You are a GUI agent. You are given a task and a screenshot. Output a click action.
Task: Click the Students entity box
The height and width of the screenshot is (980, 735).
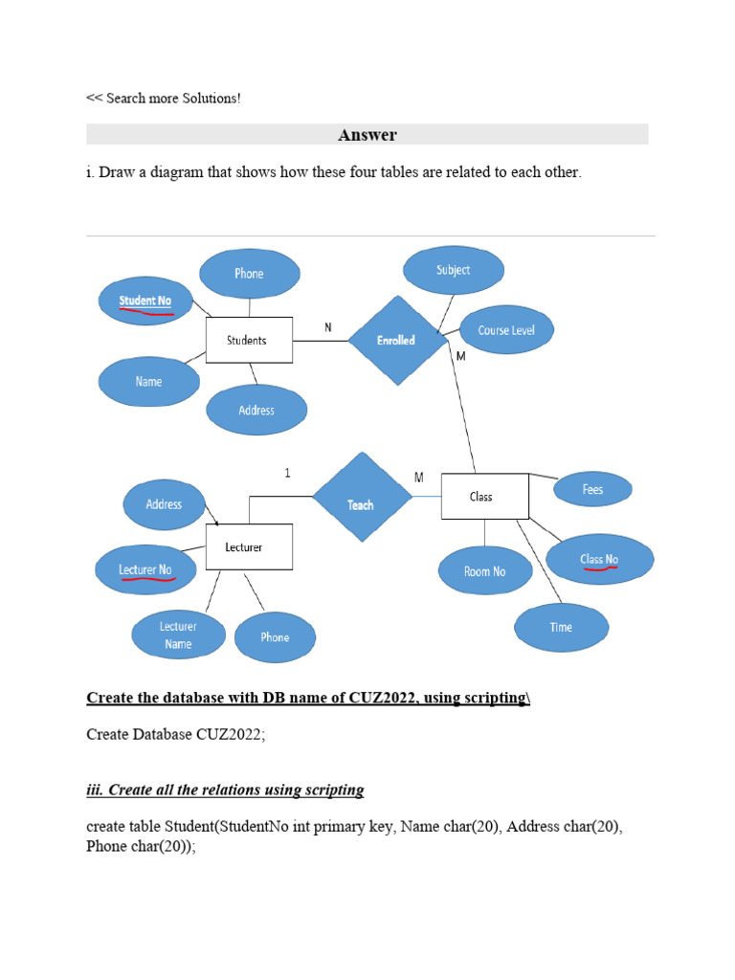tap(249, 340)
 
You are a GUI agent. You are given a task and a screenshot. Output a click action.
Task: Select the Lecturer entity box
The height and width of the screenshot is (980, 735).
tap(249, 547)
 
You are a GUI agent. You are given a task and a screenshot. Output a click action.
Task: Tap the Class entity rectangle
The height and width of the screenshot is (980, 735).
tap(484, 496)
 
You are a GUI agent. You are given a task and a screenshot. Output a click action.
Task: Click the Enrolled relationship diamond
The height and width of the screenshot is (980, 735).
tap(395, 340)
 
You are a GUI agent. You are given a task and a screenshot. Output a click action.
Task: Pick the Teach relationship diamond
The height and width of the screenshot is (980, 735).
tap(361, 504)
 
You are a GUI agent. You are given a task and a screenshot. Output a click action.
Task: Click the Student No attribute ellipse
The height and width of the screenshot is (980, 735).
tap(145, 301)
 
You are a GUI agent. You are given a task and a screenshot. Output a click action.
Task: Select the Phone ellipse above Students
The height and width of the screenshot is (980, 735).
tap(249, 274)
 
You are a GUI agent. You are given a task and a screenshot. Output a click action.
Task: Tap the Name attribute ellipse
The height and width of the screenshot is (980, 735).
tap(148, 381)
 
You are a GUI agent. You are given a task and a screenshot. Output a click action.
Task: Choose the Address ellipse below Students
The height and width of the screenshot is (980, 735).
tap(256, 410)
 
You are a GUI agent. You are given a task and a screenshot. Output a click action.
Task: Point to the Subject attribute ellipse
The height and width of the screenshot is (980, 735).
tap(453, 270)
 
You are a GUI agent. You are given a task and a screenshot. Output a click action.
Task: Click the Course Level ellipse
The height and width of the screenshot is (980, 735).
tap(506, 330)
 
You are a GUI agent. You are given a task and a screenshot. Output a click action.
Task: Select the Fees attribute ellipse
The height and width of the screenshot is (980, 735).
tap(592, 489)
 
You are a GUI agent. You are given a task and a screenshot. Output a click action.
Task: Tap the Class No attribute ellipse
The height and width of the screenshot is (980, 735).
tap(599, 559)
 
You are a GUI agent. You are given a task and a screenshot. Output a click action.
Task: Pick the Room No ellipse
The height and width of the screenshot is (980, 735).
tap(484, 571)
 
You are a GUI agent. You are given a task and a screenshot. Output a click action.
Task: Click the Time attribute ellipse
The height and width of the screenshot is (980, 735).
tap(561, 627)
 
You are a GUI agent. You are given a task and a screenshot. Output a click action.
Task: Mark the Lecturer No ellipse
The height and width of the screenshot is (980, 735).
tap(145, 570)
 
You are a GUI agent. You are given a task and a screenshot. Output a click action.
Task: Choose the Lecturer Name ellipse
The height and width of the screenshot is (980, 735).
tap(178, 635)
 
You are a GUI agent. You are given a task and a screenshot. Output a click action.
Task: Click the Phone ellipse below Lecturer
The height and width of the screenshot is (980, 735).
tap(275, 637)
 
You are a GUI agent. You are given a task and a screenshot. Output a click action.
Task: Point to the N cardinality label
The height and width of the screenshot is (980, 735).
tap(328, 327)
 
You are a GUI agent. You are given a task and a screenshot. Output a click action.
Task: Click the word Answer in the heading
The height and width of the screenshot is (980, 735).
tap(367, 135)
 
